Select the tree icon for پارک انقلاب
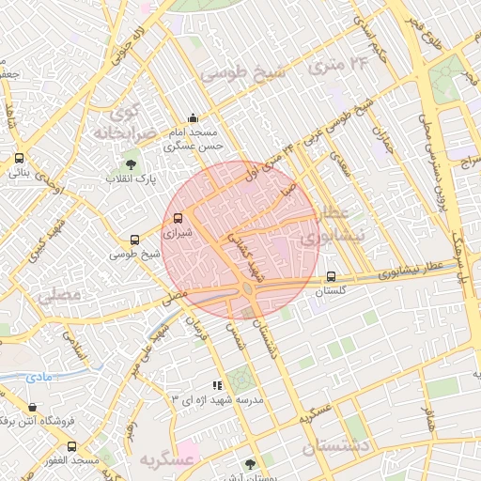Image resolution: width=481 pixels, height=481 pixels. click(143, 165)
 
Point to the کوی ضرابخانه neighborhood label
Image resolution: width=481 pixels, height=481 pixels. click(123, 120)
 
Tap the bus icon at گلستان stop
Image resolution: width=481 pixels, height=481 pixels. click(330, 276)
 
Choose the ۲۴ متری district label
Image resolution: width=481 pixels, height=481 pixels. click(346, 63)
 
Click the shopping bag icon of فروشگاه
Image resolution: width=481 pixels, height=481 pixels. click(33, 408)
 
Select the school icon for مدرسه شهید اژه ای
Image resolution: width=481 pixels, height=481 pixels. click(218, 384)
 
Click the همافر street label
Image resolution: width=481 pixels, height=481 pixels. click(427, 414)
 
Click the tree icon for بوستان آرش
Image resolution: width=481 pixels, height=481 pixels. click(249, 463)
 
